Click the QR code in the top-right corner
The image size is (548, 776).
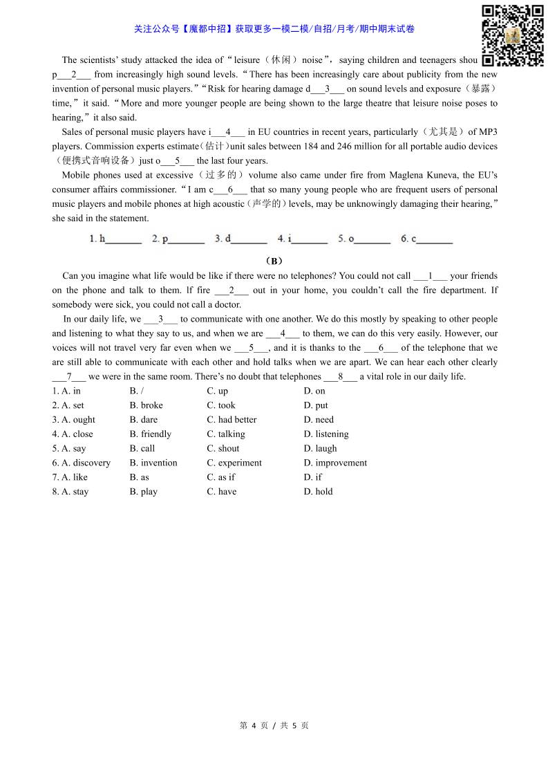(512, 35)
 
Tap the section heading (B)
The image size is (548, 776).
(274, 261)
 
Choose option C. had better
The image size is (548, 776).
(232, 420)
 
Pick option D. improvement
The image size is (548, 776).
(335, 463)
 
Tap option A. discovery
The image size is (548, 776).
(81, 463)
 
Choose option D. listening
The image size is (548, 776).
(326, 434)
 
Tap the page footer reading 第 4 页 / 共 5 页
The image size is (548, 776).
(274, 726)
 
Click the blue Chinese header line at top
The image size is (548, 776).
(274, 29)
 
